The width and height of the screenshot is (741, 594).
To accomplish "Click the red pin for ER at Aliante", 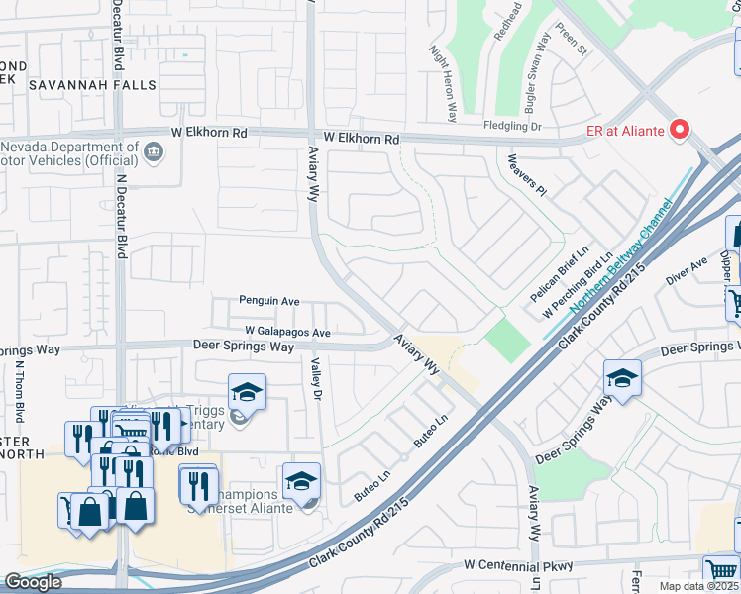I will pyautogui.click(x=680, y=129).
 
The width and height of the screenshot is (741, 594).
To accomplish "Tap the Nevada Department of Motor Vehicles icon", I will pyautogui.click(x=154, y=151).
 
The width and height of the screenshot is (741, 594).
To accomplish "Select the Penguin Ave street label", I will pyautogui.click(x=268, y=301).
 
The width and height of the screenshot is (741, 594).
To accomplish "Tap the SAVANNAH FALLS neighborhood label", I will pyautogui.click(x=92, y=86).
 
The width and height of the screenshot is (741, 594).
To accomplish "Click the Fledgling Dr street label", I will pyautogui.click(x=512, y=127).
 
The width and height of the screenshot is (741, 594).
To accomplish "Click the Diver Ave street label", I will pyautogui.click(x=687, y=270).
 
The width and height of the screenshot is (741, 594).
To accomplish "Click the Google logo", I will pyautogui.click(x=33, y=582).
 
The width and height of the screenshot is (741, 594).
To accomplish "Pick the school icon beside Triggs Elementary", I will pyautogui.click(x=247, y=392).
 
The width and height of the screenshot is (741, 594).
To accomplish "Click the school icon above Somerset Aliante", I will pyautogui.click(x=301, y=481).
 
